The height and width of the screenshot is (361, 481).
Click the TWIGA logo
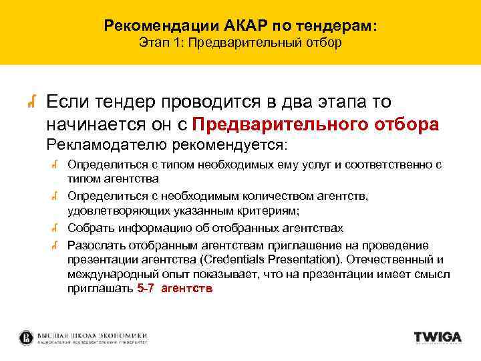(438, 338)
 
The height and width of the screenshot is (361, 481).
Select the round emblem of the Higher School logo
(27, 338)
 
